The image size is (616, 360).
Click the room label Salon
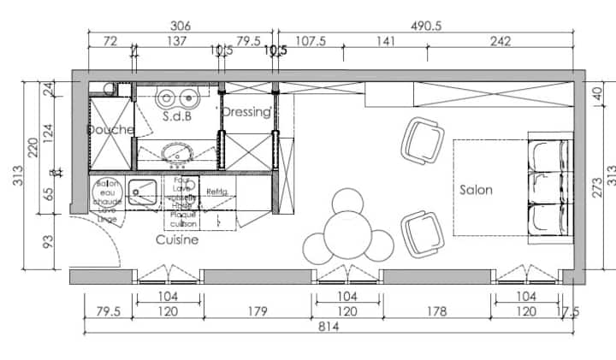(x=476, y=190)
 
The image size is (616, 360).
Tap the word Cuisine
(x=177, y=241)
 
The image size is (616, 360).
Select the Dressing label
(x=246, y=112)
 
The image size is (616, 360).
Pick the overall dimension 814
(x=328, y=327)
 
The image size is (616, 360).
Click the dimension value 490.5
(x=425, y=27)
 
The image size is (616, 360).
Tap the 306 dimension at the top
(x=180, y=27)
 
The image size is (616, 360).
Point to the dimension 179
(x=258, y=311)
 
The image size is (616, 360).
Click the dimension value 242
(x=500, y=41)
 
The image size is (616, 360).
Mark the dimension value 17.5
(x=568, y=311)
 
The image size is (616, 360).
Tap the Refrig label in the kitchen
(x=216, y=192)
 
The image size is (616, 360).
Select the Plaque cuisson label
(x=184, y=219)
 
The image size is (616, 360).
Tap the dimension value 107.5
(x=311, y=41)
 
